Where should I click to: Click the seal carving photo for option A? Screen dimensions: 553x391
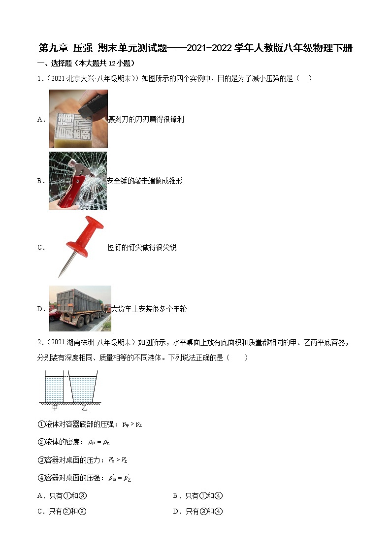pos(78,119)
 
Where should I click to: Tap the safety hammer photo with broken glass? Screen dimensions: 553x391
pos(78,181)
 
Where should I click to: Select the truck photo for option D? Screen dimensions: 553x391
pos(80,308)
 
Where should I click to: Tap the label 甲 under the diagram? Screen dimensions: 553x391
pos(55,408)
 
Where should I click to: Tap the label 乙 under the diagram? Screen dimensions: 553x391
pos(85,408)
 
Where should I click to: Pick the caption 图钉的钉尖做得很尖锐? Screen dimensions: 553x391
pos(142,247)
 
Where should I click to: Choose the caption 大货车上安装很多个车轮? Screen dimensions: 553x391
pos(149,309)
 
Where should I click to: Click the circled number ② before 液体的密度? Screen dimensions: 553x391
pos(41,442)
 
